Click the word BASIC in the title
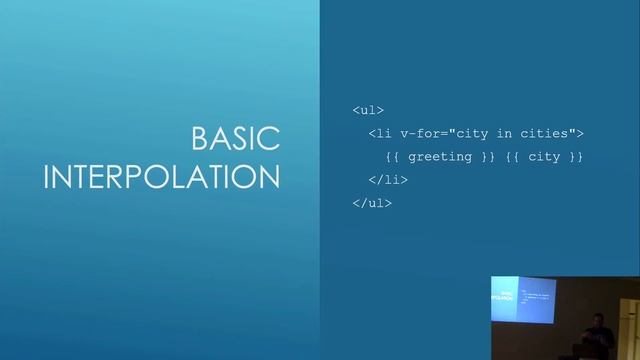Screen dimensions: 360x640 (x=235, y=139)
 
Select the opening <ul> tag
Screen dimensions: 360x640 (x=368, y=110)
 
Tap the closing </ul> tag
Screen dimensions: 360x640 (x=372, y=203)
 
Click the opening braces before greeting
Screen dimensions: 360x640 (x=392, y=157)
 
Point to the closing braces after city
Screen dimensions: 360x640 (x=576, y=157)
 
